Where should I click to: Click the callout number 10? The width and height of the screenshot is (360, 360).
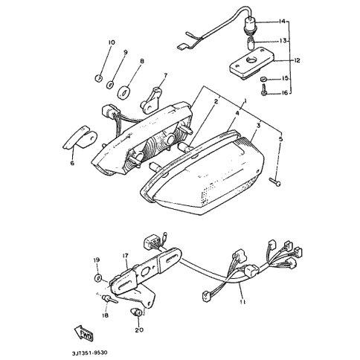(x=112, y=42)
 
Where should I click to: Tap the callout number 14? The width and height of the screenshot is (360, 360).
(x=282, y=22)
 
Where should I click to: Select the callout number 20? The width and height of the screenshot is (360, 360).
(x=138, y=330)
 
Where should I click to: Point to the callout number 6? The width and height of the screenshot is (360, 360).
(x=72, y=163)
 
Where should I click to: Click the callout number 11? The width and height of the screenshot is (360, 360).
(x=242, y=302)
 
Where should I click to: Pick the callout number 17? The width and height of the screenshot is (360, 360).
(x=126, y=255)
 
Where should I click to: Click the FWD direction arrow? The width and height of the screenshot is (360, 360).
(x=83, y=334)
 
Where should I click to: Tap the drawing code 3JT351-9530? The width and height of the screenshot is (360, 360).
(x=90, y=353)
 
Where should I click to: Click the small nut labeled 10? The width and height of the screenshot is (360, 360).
(x=98, y=78)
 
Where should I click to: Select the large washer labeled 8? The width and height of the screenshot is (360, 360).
(x=123, y=91)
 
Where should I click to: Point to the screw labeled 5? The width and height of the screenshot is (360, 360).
(x=275, y=181)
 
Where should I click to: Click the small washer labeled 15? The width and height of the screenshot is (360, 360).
(x=263, y=80)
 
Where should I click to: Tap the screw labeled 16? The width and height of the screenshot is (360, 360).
(x=264, y=90)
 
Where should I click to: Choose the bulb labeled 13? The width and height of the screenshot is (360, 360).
(x=251, y=43)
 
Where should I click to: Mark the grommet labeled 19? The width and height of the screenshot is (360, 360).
(x=97, y=277)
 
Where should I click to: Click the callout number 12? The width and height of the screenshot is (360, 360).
(x=296, y=60)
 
